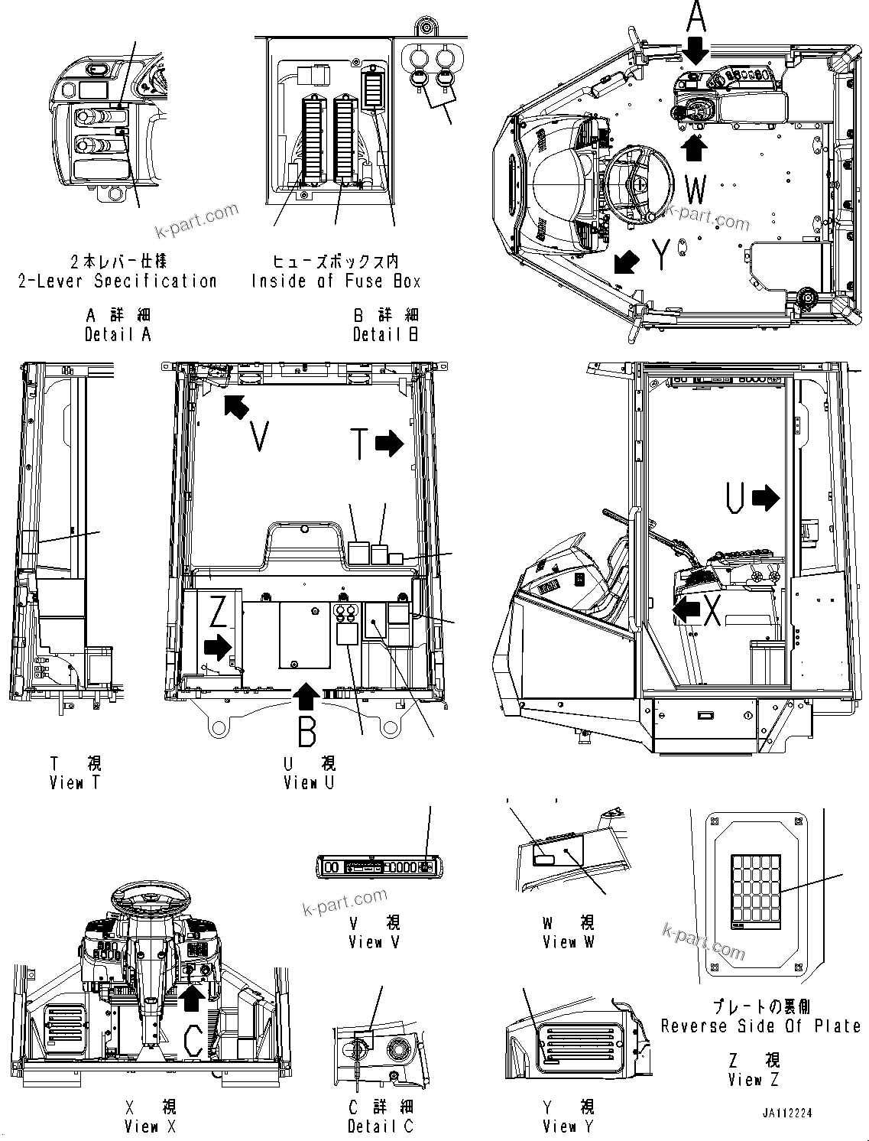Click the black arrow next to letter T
click(389, 443)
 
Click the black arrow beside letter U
click(765, 499)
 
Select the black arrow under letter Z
click(218, 647)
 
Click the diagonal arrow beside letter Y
click(627, 262)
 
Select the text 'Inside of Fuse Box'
click(336, 281)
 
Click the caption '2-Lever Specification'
click(118, 281)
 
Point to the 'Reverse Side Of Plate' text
click(760, 1026)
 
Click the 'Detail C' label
click(380, 1126)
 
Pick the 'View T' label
click(75, 782)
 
